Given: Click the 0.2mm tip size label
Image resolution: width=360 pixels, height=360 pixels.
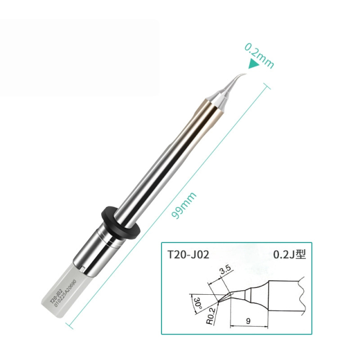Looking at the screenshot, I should [259, 55].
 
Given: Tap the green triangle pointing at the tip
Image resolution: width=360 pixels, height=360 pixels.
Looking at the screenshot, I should [254, 65].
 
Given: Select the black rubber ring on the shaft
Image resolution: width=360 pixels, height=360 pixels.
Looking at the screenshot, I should [120, 222].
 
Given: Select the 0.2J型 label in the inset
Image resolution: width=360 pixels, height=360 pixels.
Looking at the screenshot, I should [290, 254].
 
